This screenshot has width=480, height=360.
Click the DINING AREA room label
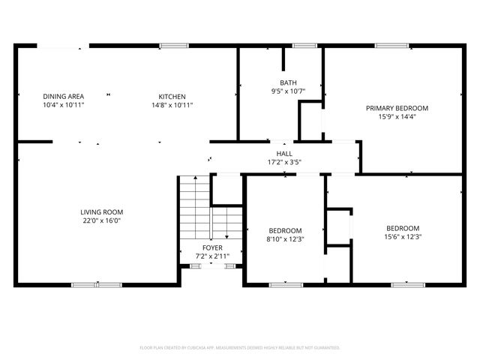coord(63,96)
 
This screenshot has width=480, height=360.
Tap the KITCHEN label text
coord(172,96)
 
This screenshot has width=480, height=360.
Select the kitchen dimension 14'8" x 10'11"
coord(172,105)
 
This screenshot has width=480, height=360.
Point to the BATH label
coord(288,83)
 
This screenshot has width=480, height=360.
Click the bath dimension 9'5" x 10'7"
coord(288,92)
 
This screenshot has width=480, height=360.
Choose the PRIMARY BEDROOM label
coord(397,108)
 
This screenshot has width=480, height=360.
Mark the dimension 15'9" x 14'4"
coord(397,117)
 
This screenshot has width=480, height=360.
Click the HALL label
coord(284,153)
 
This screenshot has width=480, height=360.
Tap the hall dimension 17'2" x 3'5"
coord(284,162)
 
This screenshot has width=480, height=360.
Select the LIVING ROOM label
coord(102,212)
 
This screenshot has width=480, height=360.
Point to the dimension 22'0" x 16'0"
coord(102,221)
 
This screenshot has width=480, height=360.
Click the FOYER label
coord(212,247)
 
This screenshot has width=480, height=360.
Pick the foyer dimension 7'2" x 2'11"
coord(212,256)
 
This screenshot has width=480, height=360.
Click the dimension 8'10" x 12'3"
coord(285,239)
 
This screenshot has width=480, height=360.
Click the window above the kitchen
coord(172,46)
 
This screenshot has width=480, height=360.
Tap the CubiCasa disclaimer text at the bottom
coord(240,348)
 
